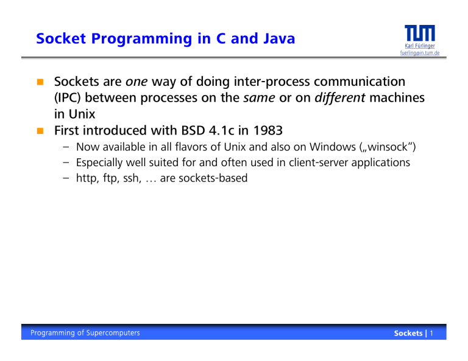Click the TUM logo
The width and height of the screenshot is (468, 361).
point(420,33)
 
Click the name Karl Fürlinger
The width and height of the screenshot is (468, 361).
point(420,46)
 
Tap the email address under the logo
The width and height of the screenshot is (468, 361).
point(420,53)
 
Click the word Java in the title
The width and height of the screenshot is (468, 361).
point(279,38)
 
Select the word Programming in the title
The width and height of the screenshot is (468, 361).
point(141,39)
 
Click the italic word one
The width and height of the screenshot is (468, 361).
point(136,82)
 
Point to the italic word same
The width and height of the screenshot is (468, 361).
point(259,98)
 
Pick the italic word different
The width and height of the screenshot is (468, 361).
point(340,97)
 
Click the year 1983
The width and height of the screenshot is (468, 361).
point(268,130)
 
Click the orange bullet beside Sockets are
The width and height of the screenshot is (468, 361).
point(40,82)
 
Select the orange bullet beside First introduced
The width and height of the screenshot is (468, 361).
point(40,130)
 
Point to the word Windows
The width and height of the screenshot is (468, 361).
point(333,147)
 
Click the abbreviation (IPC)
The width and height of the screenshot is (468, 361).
point(68,98)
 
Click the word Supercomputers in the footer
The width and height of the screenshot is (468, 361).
point(113,333)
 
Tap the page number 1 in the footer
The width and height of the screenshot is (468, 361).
point(431,333)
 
